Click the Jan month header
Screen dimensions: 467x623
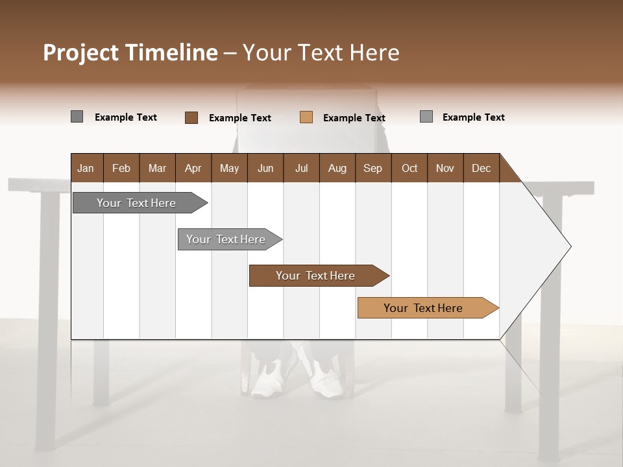[x=86, y=168]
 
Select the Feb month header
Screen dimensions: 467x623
[x=121, y=168]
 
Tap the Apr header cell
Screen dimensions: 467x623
[x=193, y=168]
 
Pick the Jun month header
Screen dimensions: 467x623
[x=265, y=168]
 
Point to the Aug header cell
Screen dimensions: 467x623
[x=337, y=168]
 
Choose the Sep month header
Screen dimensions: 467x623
[x=373, y=168]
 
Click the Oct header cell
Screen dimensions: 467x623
[x=409, y=168]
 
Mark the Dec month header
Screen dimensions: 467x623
[x=481, y=168]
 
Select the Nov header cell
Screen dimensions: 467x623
[x=445, y=168]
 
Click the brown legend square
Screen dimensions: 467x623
[x=191, y=117]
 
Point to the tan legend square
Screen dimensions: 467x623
[x=306, y=117]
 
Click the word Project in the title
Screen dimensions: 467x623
[x=81, y=53]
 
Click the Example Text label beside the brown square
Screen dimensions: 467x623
[x=239, y=118]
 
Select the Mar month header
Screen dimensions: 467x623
[x=157, y=168]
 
